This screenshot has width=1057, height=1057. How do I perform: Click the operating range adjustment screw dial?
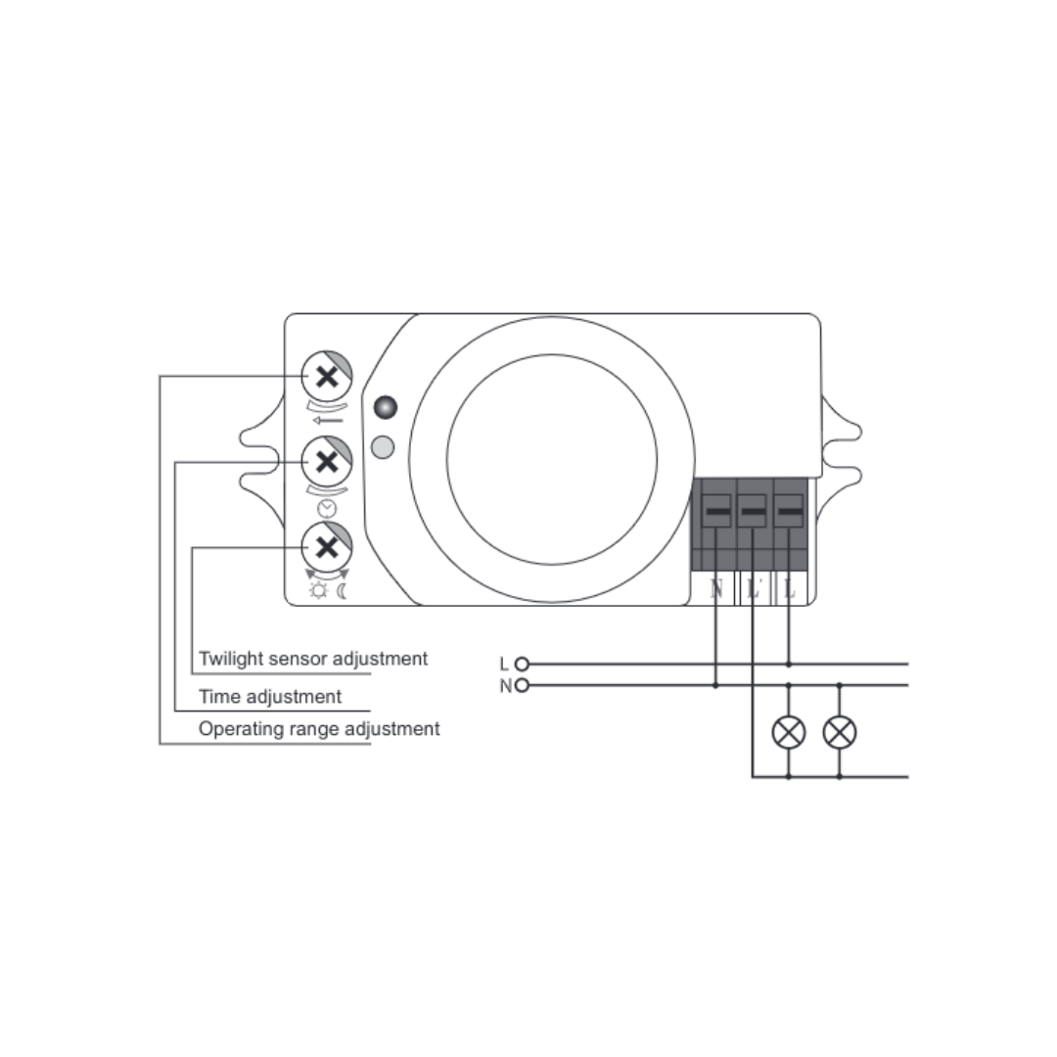(327, 376)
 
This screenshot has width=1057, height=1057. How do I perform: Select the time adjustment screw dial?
(327, 462)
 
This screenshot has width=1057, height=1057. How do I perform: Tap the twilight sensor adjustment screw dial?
(327, 547)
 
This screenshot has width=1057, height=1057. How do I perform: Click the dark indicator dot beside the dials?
(385, 407)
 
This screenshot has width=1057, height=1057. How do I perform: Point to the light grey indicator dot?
(383, 447)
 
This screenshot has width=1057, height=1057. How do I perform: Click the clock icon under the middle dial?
(327, 508)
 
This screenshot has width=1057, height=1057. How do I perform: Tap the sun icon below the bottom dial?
(317, 591)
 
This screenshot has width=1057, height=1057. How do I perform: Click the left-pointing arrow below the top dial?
(328, 421)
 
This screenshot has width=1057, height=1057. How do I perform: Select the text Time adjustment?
(270, 697)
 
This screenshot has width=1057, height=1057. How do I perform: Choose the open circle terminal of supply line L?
(521, 664)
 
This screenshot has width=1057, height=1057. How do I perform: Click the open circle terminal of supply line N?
(521, 685)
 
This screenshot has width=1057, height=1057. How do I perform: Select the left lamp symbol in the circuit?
(788, 732)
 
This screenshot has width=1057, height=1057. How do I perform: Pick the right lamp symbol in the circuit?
(840, 732)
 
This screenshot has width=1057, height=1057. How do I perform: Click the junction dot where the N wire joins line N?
(715, 685)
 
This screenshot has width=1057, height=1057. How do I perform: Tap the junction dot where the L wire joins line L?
(789, 664)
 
